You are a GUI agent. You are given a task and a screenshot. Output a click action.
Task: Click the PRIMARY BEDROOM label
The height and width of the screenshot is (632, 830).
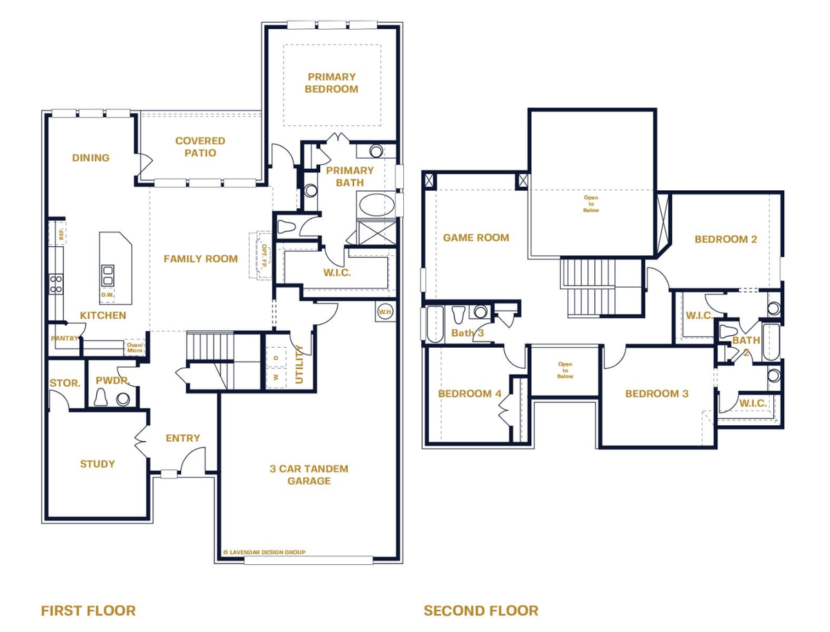tap(331, 83)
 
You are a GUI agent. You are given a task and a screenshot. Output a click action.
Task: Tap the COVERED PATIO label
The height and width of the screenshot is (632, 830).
tap(200, 147)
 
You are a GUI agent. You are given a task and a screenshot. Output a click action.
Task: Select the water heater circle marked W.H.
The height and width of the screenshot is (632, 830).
tap(385, 312)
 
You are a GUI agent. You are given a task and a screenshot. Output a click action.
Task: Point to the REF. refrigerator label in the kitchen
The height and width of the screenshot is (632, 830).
tap(62, 234)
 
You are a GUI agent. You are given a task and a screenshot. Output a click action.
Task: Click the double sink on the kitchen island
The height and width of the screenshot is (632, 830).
tap(108, 275)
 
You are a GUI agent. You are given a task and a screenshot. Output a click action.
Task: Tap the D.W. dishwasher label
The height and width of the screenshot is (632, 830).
tap(107, 295)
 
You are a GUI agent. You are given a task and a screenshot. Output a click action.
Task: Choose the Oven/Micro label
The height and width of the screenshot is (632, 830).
tap(135, 348)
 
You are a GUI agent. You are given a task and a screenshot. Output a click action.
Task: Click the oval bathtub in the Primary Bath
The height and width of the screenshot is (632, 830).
tap(377, 205)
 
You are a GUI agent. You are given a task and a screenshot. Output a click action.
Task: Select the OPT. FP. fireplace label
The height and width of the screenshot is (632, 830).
tap(264, 256)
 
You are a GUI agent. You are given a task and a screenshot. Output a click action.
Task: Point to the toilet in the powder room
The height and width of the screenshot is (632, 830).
tap(100, 398)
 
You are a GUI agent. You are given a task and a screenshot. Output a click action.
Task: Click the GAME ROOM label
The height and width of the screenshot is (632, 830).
tap(476, 238)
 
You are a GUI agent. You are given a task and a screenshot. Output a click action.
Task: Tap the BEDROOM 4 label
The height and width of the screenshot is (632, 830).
tap(469, 393)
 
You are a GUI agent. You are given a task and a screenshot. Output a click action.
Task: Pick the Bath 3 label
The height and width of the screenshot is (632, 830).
tap(468, 333)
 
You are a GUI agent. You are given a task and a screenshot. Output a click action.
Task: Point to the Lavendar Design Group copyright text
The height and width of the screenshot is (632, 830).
tap(264, 552)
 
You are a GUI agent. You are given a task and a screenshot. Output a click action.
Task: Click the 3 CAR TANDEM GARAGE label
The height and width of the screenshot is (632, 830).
tap(309, 475)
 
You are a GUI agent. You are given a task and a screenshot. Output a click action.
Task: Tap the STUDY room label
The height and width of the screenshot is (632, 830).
tap(98, 464)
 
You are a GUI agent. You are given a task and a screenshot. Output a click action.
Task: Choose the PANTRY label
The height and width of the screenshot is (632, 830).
tap(64, 338)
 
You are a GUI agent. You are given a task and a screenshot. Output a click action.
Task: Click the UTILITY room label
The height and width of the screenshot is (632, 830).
tap(299, 364)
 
